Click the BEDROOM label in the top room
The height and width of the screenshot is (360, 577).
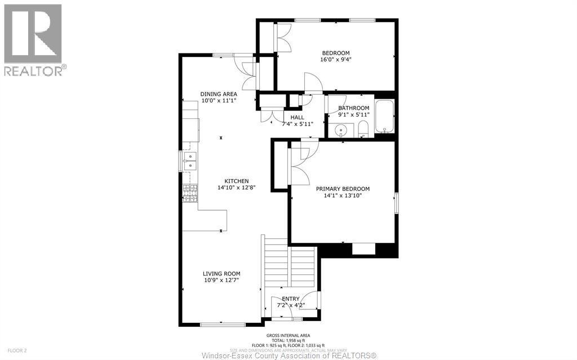click(335, 53)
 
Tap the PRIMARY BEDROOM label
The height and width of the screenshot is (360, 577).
click(343, 189)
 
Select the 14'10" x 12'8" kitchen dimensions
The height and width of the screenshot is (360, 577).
click(237, 188)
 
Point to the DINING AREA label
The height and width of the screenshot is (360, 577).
click(219, 94)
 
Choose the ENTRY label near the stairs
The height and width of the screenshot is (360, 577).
click(291, 299)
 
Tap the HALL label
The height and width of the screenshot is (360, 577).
click(297, 117)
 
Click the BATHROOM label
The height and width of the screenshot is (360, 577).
click(353, 108)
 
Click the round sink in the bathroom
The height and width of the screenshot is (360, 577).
click(340, 131)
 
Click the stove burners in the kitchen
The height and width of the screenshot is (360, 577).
click(190, 193)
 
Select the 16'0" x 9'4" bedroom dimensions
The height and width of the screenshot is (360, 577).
click(336, 60)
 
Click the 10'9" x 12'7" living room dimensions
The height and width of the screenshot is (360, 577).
click(221, 280)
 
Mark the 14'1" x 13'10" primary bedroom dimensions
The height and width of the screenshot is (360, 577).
click(343, 195)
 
